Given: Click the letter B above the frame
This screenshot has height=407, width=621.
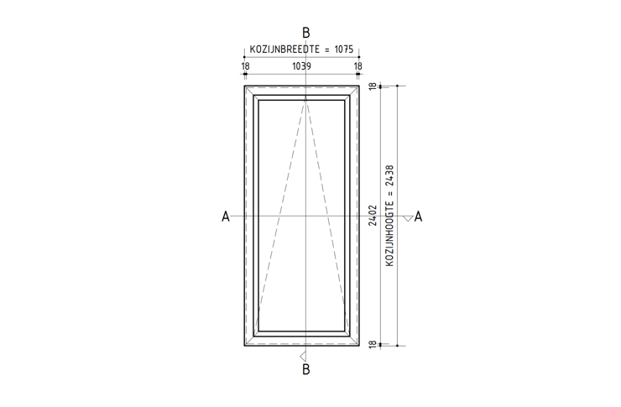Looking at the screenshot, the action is click(305, 33).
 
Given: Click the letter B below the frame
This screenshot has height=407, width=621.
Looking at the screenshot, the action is click(305, 369).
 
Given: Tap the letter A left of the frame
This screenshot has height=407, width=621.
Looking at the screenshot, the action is click(226, 217).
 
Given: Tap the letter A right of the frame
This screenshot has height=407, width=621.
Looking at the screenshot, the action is click(418, 217).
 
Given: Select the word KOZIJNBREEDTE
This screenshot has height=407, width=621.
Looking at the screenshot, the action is click(284, 50).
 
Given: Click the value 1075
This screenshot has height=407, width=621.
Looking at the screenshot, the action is click(343, 50).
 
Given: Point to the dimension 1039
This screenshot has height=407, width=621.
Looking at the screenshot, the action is click(301, 66).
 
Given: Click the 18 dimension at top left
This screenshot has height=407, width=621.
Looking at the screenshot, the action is click(245, 66).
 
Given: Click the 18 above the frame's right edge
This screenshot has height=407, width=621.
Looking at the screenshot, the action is click(357, 66).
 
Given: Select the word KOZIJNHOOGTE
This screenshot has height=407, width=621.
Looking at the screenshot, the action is click(389, 234).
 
